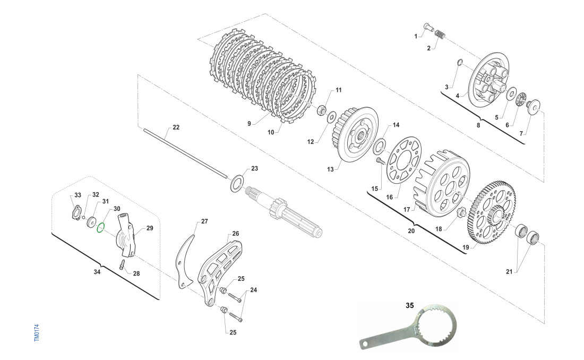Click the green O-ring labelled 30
(x=101, y=228)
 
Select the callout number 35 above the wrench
(x=409, y=305)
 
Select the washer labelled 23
(x=237, y=184)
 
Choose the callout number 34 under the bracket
(x=97, y=272)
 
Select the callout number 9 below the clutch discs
(x=248, y=123)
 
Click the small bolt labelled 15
(x=379, y=160)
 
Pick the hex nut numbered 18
(x=461, y=212)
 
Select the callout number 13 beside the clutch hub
(x=330, y=169)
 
